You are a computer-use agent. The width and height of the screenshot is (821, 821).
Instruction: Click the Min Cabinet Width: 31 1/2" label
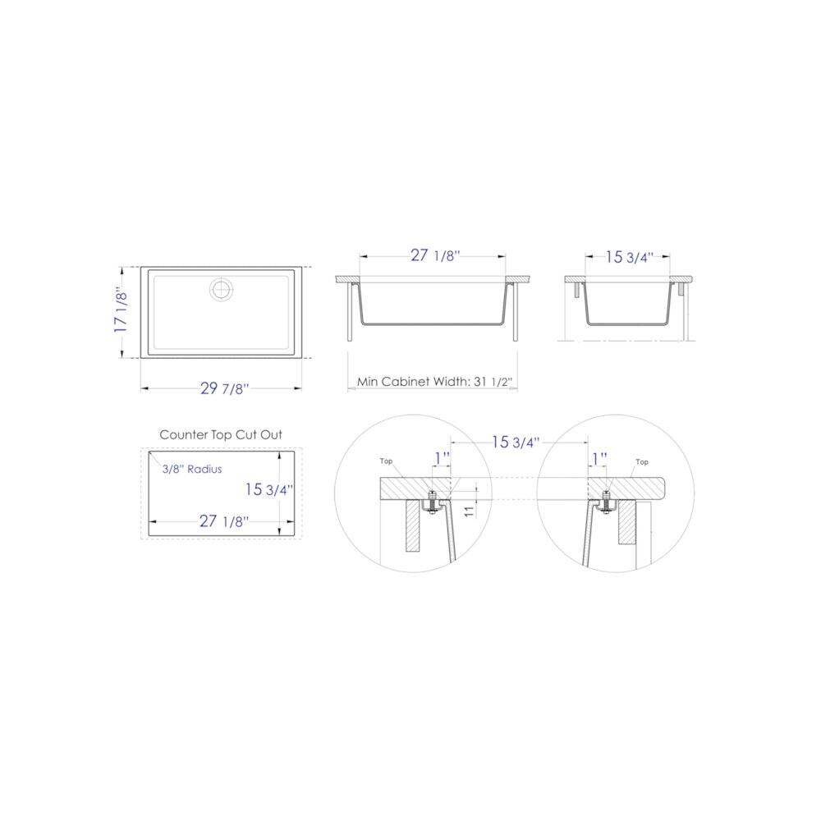[x=432, y=383]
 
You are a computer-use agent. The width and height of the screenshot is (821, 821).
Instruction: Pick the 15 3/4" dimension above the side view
[x=629, y=257]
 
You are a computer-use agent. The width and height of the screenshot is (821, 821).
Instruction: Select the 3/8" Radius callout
[x=192, y=469]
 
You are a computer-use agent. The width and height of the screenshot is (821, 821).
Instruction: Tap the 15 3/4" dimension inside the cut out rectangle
[x=268, y=489]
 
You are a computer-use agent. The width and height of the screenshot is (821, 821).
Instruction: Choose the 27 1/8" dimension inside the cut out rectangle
[x=214, y=521]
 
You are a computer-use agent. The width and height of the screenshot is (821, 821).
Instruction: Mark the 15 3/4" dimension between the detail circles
[x=516, y=443]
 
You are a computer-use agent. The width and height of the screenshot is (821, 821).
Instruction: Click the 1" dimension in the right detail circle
[x=599, y=456]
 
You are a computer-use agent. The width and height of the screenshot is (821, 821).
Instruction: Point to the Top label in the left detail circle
[x=387, y=461]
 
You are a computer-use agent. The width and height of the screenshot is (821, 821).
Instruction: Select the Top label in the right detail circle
[x=642, y=461]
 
